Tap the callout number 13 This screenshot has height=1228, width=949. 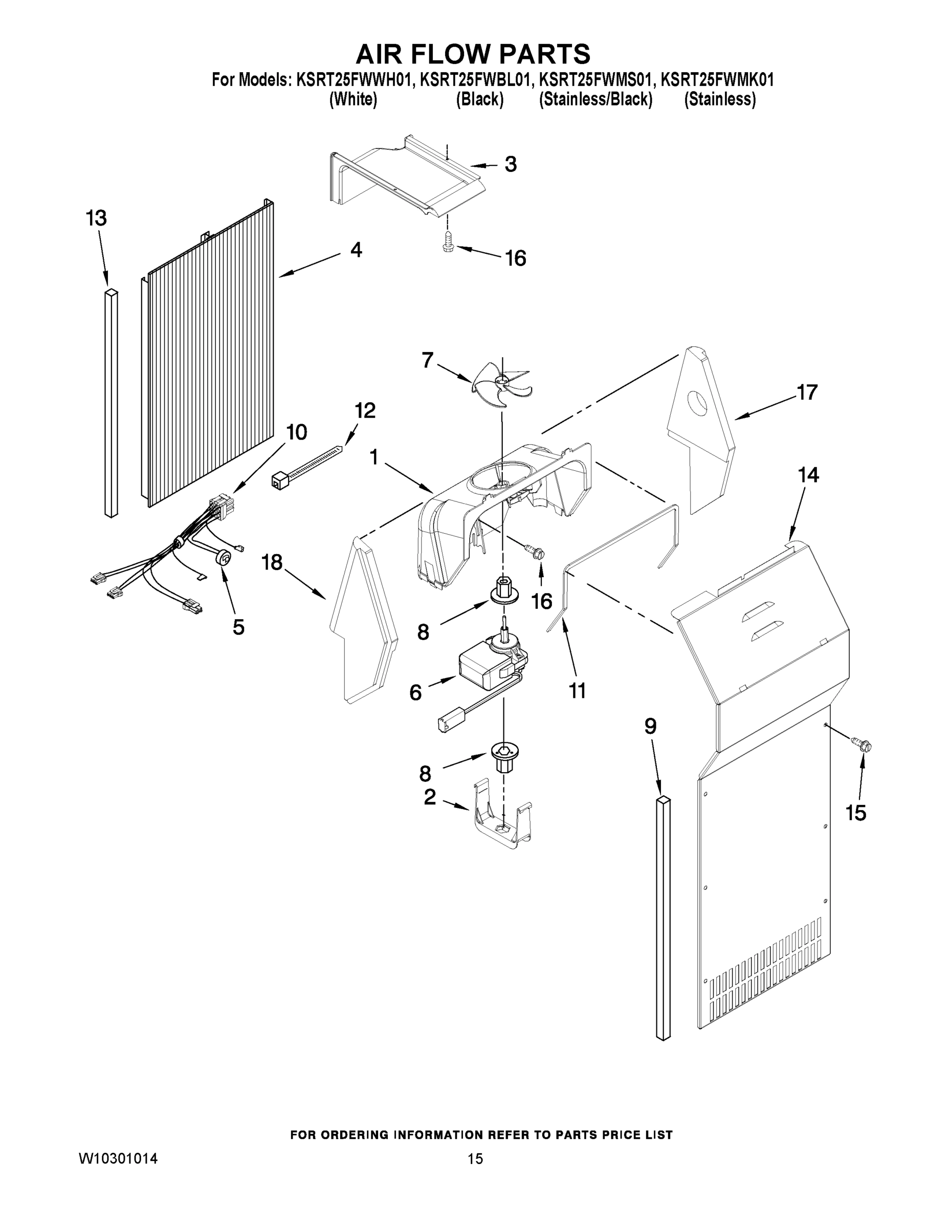[96, 217]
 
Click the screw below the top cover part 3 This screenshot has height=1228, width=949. [448, 242]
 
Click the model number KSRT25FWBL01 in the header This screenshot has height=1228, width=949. [475, 80]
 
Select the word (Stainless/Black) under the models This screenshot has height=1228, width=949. [595, 100]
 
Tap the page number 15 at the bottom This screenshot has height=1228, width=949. [475, 1158]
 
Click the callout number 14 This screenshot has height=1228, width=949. [808, 475]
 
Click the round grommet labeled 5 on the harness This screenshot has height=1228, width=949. [224, 557]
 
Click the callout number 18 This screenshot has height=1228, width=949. [272, 562]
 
